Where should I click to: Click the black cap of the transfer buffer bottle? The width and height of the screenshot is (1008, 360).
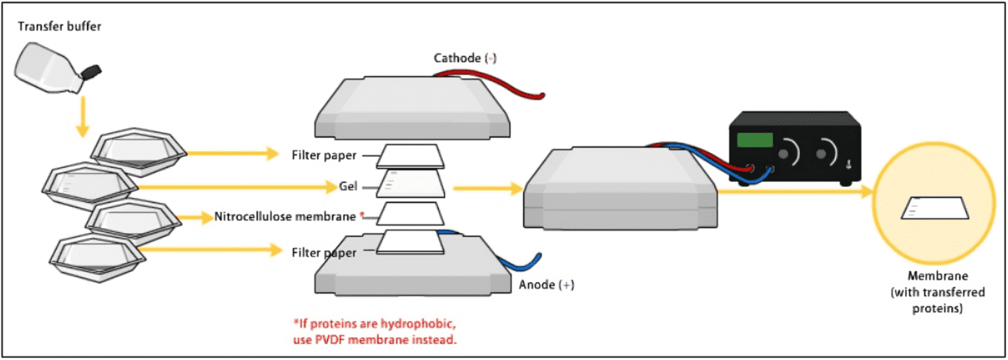(91, 71)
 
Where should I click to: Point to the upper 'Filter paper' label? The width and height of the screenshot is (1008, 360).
(324, 155)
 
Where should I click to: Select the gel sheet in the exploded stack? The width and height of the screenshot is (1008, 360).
(413, 183)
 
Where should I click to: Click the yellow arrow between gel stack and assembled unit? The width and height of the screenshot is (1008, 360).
(488, 189)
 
